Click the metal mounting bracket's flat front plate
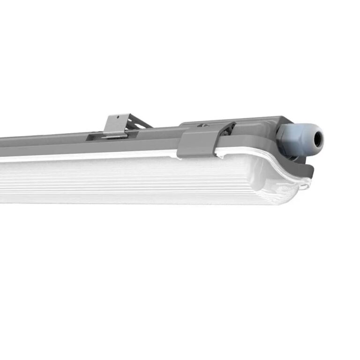click(115, 125)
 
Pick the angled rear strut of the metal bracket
click(139, 123)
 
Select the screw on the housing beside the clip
click(204, 125)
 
